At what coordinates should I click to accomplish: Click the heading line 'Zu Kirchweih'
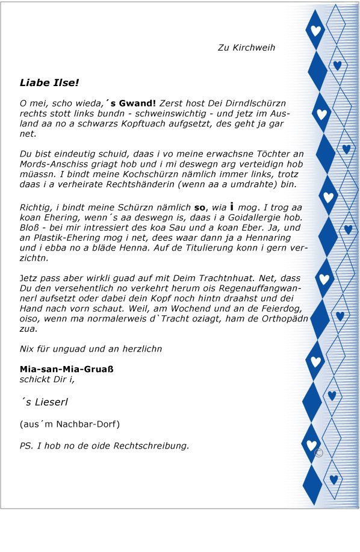coord(246,48)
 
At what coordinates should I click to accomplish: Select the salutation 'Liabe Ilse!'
coord(49,82)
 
